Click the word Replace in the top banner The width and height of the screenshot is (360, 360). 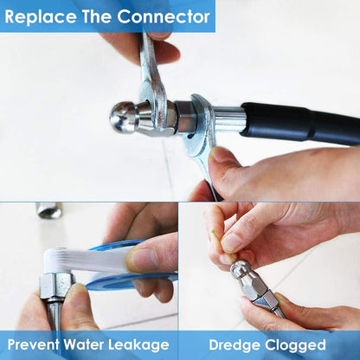pos(41,17)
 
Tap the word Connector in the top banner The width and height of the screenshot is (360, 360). pos(164,16)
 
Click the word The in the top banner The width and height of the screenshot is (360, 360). pos(97,16)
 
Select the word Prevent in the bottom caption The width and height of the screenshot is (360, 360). pos(33,344)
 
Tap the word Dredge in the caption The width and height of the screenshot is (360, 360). pos(235,345)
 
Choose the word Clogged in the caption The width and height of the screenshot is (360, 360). pos(295,345)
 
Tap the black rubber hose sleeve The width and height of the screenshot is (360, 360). pos(300,122)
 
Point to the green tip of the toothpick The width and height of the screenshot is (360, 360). pos(213,231)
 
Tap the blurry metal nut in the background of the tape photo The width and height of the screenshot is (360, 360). pos(49,210)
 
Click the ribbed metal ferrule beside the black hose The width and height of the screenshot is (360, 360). pos(228,119)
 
